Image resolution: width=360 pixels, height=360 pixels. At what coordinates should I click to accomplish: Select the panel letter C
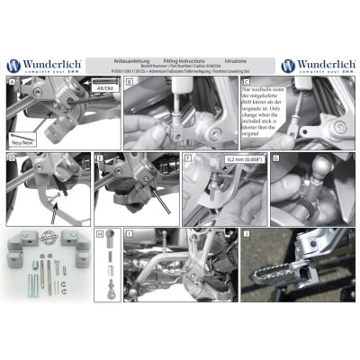coord(245,81)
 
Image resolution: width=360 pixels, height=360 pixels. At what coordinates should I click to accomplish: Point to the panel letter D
coord(11,158)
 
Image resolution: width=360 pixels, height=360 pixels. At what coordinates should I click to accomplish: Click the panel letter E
coord(99,158)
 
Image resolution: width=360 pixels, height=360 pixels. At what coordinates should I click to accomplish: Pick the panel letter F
coord(187,158)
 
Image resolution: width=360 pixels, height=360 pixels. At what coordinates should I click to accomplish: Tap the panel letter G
coord(274,158)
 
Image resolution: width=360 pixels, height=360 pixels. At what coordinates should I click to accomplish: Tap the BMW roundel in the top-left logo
coord(14,66)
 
